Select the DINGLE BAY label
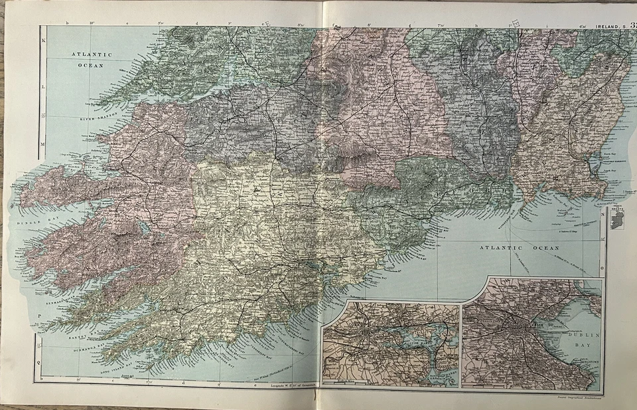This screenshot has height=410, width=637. point(38,216)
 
